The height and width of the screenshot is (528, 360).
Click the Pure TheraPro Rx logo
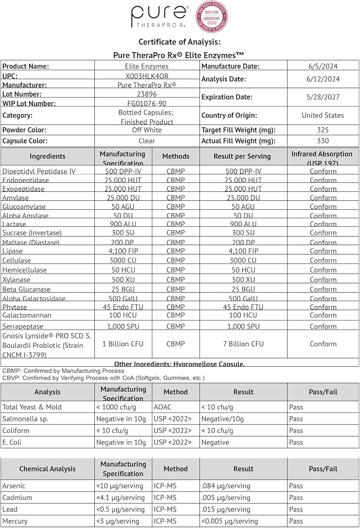pos(160,18)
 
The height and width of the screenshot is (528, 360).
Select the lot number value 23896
pos(146,93)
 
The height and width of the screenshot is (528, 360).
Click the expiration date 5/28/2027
pos(322,97)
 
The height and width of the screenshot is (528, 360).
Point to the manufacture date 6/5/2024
pos(322,66)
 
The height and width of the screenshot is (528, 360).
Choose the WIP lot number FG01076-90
pos(146,103)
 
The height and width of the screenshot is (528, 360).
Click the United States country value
pos(322,115)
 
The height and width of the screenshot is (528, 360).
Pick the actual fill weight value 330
pos(322,140)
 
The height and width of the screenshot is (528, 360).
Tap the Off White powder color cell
pos(146,130)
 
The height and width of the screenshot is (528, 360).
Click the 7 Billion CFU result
pos(243,344)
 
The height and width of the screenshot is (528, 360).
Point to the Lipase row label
pos(12,251)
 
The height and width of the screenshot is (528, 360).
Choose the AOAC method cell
pos(162,407)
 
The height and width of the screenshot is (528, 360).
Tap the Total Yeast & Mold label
pos(32,407)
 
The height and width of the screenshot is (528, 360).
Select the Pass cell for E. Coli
pos(296,442)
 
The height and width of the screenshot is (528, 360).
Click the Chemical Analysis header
pos(48,469)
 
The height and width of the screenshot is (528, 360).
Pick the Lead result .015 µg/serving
pos(225,509)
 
